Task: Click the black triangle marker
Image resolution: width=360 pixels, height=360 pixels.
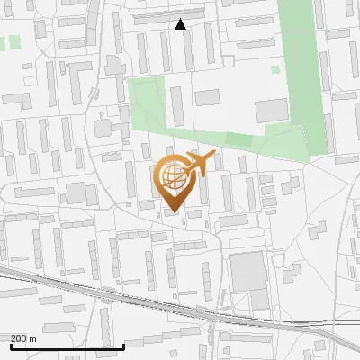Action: tap(181, 24)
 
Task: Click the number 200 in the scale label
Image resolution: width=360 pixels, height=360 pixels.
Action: tap(20, 338)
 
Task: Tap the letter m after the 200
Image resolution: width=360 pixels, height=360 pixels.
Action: tap(33, 338)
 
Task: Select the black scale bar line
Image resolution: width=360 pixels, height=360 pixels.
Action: tap(67, 346)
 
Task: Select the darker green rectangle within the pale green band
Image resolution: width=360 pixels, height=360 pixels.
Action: tap(238, 139)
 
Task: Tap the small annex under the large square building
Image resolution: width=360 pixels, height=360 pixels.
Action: tap(259, 299)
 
